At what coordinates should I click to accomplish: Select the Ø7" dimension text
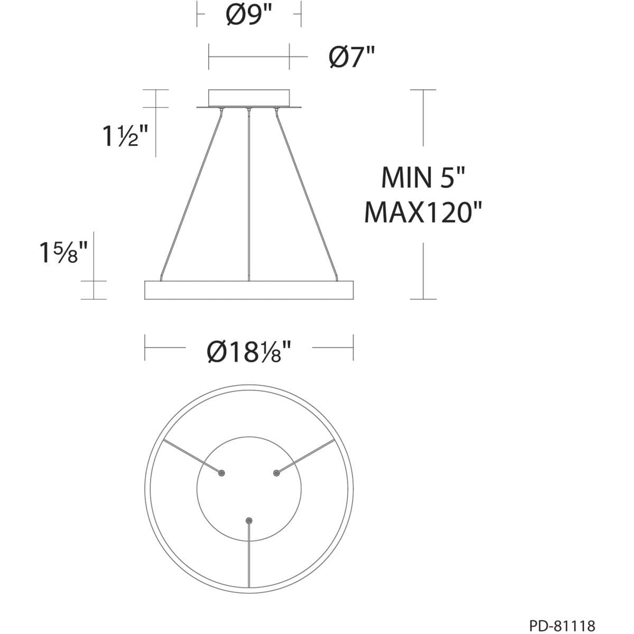[351, 57]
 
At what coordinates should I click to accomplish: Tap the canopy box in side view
[249, 97]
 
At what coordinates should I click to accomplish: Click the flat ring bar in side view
[249, 290]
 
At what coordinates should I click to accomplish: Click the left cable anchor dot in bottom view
[222, 473]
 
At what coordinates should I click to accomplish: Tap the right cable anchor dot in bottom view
[276, 473]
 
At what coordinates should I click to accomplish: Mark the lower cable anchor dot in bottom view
[249, 520]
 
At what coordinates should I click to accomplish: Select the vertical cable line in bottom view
[249, 560]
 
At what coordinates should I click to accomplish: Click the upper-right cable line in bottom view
[306, 455]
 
